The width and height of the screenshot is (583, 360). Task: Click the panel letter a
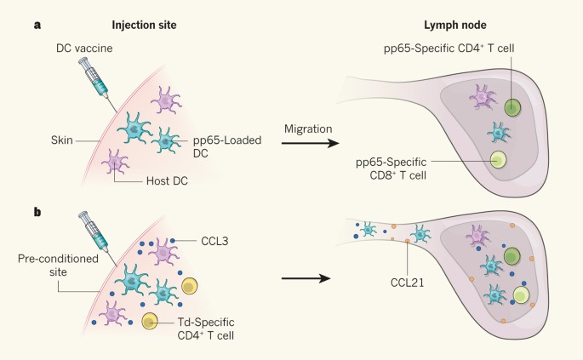[x=37, y=25]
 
